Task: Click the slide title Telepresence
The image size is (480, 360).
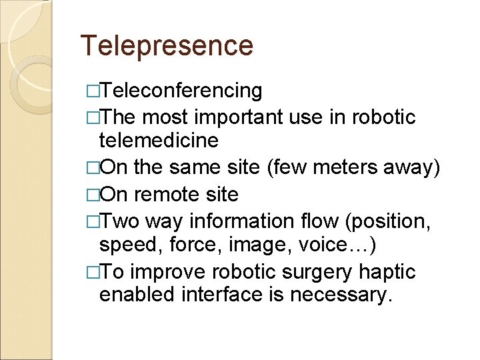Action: coord(167,45)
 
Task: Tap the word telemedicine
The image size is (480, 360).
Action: coord(159,141)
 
